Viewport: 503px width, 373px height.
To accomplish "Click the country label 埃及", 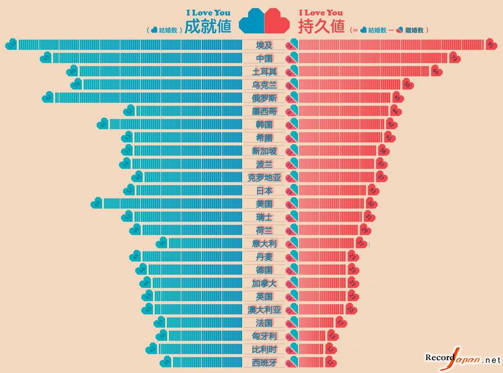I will (264, 45).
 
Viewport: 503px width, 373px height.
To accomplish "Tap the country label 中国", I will (264, 59).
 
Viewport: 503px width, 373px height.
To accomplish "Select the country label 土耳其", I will (264, 72).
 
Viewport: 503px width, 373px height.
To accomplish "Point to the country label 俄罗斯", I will (264, 98).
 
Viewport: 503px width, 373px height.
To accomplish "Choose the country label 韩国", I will (264, 125).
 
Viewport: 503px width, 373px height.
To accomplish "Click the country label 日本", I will (264, 190).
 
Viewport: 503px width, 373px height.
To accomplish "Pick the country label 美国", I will (264, 204).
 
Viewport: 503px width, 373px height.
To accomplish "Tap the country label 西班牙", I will (264, 362).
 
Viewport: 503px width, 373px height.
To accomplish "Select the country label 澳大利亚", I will (264, 310).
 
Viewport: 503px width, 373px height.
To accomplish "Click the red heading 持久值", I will (321, 27).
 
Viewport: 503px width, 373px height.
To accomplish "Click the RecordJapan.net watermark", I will (462, 359).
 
